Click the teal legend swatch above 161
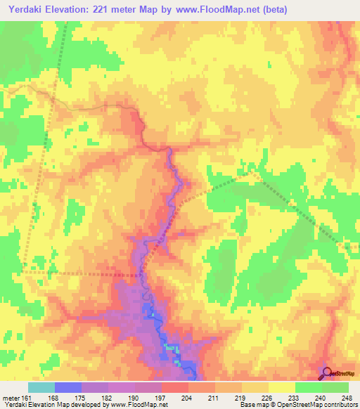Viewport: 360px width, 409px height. pos(41,387)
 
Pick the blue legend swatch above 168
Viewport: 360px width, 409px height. pos(67,387)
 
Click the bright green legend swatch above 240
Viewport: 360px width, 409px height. pos(308,387)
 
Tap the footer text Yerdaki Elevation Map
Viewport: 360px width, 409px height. pos(32,405)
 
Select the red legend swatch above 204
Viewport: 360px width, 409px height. pos(174,387)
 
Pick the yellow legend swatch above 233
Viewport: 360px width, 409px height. pos(281,387)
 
